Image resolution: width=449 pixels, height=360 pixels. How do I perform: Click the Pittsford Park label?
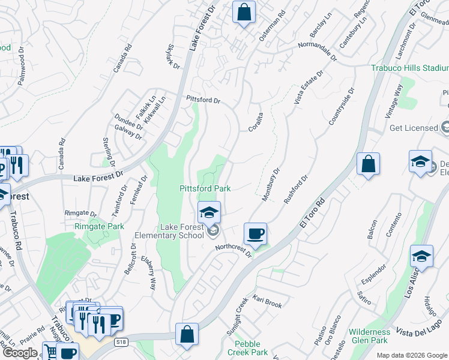point(205,188)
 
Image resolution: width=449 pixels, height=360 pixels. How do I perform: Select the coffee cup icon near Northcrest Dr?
point(256,233)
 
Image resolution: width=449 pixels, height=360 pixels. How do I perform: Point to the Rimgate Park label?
point(99,227)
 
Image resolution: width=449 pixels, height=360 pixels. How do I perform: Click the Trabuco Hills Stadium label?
point(409,68)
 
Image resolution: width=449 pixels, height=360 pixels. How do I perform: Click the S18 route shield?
point(121,341)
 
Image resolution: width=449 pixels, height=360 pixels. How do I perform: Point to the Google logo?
point(20,353)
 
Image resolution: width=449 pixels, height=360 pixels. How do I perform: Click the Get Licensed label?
point(414,128)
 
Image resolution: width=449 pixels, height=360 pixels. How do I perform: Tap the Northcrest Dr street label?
point(233,250)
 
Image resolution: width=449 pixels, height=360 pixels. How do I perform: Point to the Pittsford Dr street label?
point(203,99)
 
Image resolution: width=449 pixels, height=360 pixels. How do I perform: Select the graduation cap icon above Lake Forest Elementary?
point(209,212)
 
